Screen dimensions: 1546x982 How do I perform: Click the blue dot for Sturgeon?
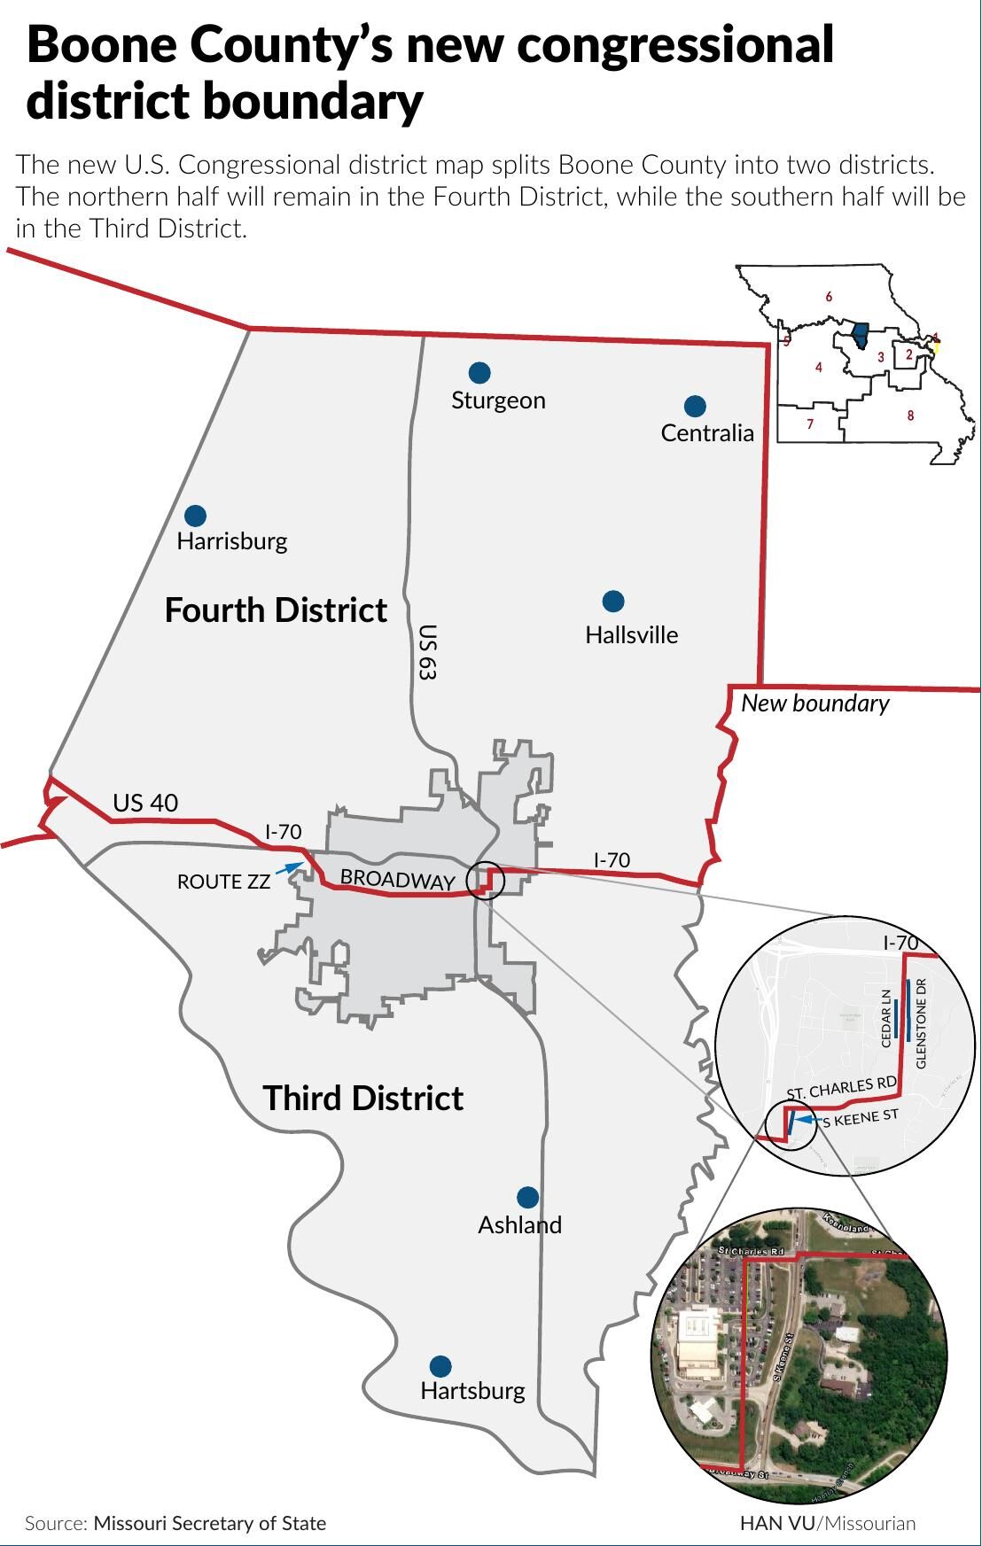coord(479,372)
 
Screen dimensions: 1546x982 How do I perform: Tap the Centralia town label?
coord(707,432)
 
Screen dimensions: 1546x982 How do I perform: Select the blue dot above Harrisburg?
coord(195,516)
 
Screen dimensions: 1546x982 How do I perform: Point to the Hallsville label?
coord(631,634)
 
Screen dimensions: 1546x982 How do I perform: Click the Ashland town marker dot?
coord(527,1197)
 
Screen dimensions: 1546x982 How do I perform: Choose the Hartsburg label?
coord(472,1390)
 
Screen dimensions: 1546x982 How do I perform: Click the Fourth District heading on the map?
coord(276,610)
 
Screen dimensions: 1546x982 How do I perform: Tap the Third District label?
coord(362,1098)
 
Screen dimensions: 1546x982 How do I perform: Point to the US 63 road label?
coord(427,652)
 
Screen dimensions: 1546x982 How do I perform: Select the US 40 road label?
coord(145,803)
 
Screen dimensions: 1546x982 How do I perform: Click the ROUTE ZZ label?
coord(223,882)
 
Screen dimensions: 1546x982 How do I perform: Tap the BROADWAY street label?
coord(397,879)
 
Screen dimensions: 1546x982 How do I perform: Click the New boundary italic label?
coord(814,703)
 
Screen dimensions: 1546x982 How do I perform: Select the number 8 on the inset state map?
coord(910,416)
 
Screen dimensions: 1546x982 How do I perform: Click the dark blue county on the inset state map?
coord(860,338)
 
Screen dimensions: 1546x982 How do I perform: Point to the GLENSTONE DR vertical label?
coord(921,1022)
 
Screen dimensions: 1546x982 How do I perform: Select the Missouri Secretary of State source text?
coord(209,1523)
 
